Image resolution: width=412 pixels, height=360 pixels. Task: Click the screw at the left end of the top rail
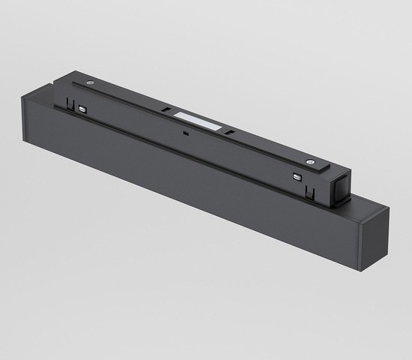[90, 82]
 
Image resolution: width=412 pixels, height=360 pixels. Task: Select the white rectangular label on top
[198, 121]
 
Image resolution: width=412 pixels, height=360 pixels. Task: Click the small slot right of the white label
[230, 133]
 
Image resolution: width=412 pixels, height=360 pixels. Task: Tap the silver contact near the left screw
[82, 109]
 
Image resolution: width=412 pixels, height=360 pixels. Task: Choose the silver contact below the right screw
[297, 177]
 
